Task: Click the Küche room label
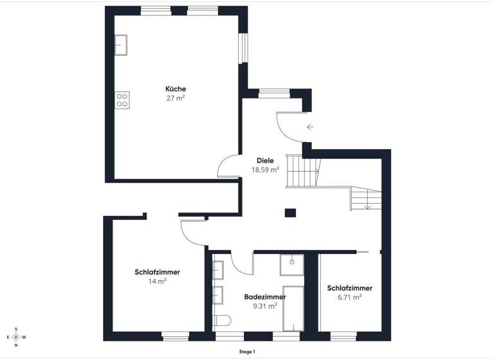click(x=176, y=89)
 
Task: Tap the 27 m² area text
click(x=176, y=98)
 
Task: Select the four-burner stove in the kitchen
click(x=122, y=100)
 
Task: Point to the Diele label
click(x=265, y=161)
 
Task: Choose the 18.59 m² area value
click(x=265, y=170)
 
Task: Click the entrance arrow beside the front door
click(x=310, y=127)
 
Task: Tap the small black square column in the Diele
click(x=291, y=212)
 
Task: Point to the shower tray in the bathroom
click(x=292, y=263)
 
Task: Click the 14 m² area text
click(x=158, y=282)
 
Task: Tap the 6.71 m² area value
click(x=349, y=297)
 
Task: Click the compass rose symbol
click(x=16, y=336)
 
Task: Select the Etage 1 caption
click(x=246, y=352)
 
